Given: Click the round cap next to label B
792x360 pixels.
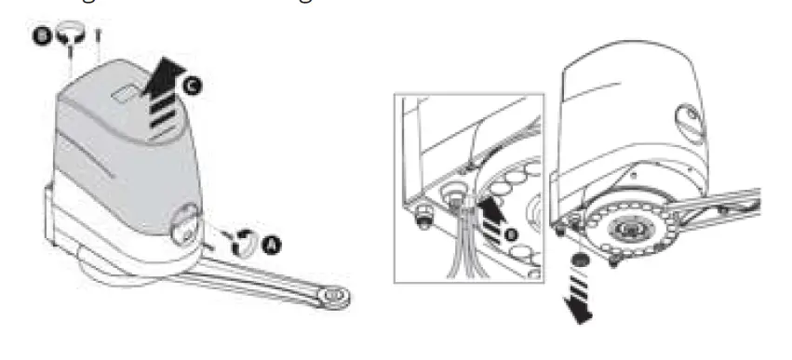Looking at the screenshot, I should tap(71, 36).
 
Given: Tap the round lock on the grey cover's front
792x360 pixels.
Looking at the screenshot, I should tap(183, 223).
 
